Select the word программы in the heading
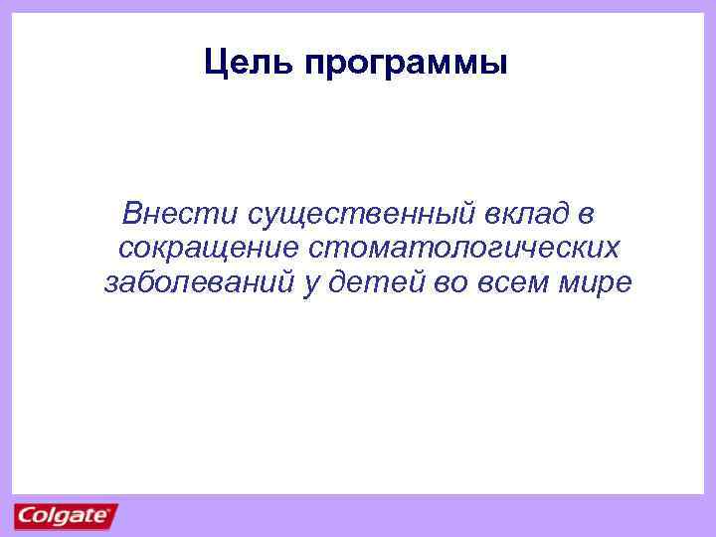(x=408, y=66)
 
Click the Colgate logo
(x=65, y=516)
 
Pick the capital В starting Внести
(x=128, y=214)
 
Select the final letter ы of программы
(x=496, y=66)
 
